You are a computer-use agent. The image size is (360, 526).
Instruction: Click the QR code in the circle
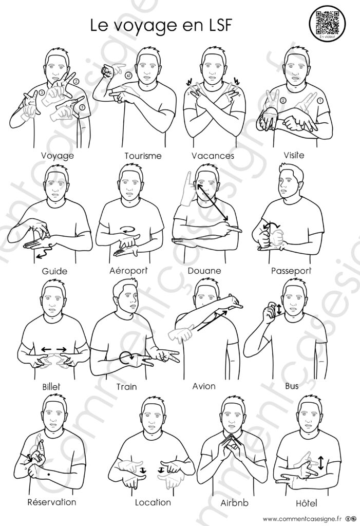coord(327,22)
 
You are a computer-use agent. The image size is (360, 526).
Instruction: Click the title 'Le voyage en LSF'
coord(161,26)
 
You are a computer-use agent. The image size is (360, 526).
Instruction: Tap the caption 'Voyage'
coord(58,156)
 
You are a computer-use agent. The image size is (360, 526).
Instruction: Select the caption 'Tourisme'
coord(143,156)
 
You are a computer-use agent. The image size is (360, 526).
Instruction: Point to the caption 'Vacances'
coord(213,156)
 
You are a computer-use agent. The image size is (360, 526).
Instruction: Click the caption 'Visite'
coord(294,155)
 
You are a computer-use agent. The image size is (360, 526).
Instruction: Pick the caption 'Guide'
coord(54,271)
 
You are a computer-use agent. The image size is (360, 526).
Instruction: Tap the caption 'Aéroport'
coord(128,271)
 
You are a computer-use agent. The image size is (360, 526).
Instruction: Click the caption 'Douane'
coord(204,271)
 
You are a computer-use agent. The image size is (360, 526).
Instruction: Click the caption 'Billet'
coord(51,386)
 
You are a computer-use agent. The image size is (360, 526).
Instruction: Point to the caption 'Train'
coord(126,387)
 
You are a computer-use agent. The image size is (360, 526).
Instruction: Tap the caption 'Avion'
coord(204,386)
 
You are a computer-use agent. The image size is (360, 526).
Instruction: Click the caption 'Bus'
coord(292,386)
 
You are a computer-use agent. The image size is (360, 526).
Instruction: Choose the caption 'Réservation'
coord(52,502)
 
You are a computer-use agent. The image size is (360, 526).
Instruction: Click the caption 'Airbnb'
coord(235,503)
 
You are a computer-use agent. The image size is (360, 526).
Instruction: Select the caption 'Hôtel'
coord(306,503)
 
